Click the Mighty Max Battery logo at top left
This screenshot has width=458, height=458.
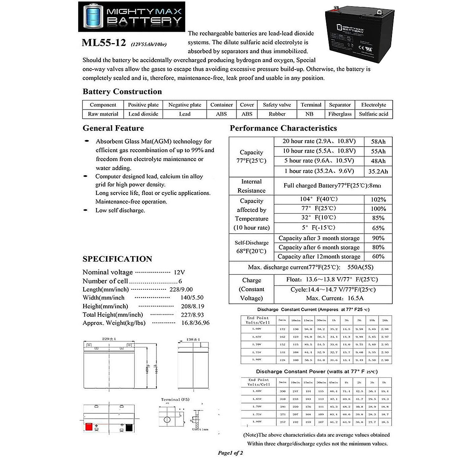(132, 16)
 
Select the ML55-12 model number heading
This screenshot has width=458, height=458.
(104, 42)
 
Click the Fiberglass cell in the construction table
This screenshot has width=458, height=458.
(340, 114)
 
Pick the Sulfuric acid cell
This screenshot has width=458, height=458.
(373, 114)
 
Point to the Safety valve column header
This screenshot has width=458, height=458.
(277, 105)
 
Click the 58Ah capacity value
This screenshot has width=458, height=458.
(378, 142)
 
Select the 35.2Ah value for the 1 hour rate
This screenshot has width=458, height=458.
(378, 171)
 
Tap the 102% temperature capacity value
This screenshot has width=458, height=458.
(378, 200)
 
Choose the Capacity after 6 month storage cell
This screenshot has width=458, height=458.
(319, 247)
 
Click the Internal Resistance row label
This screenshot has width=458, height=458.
(252, 186)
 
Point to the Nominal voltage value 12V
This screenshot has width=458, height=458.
(179, 273)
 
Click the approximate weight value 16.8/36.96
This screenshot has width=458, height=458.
(195, 323)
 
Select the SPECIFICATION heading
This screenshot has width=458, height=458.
(117, 259)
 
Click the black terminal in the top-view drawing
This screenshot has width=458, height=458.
(129, 427)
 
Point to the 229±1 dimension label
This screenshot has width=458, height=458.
(109, 339)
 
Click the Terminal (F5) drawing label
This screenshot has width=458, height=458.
(175, 400)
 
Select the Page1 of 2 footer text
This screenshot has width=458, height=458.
(230, 453)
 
